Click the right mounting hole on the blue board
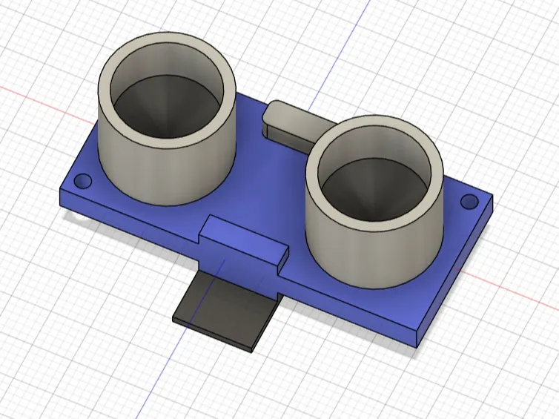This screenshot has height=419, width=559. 469,201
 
